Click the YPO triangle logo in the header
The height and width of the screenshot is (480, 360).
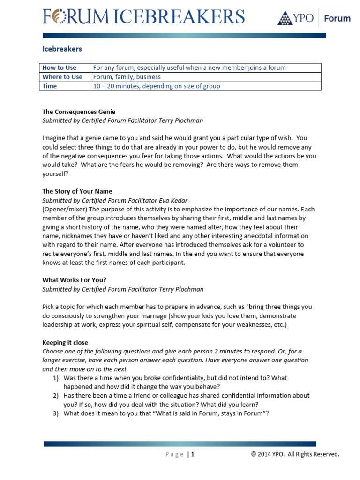[x=285, y=18]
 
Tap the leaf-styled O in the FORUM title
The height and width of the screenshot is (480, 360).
[x=59, y=17]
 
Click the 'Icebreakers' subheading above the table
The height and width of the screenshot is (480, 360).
[x=62, y=49]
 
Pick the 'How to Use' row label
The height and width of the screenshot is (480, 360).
[x=59, y=67]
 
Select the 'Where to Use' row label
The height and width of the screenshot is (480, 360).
[x=62, y=77]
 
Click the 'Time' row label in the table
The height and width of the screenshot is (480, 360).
[x=50, y=86]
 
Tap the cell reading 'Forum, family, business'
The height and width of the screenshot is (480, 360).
[x=127, y=77]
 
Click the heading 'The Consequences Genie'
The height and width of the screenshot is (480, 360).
[x=79, y=112]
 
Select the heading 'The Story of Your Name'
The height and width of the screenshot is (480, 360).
[x=77, y=191]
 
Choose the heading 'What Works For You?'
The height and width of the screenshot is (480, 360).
[x=75, y=280]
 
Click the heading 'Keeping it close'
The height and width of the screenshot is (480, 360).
[x=65, y=342]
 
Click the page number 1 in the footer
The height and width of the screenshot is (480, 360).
[x=192, y=454]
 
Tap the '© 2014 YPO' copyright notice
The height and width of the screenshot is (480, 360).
[x=268, y=454]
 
